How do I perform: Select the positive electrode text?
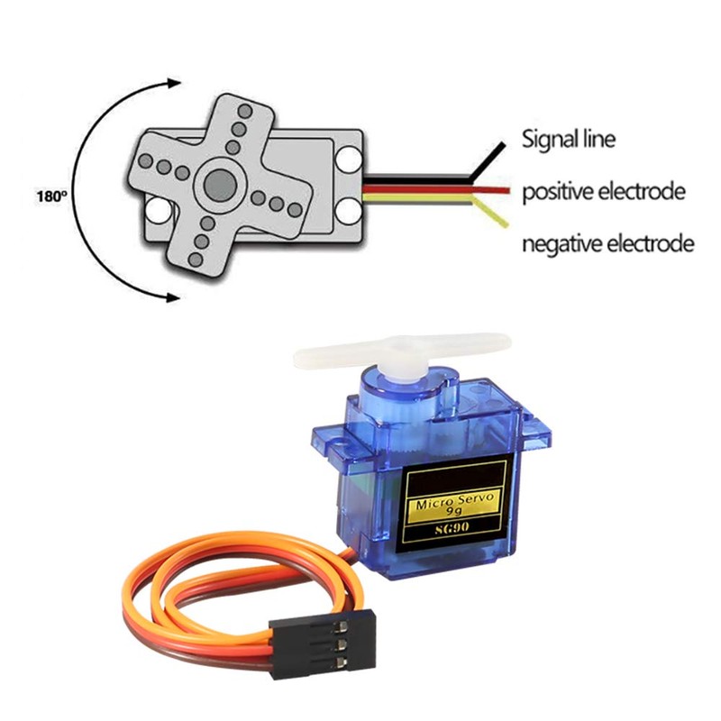(604, 192)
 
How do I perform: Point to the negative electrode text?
(608, 243)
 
